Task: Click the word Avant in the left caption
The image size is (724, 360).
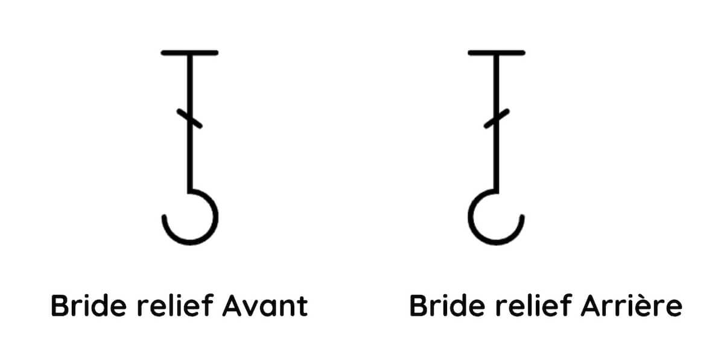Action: pyautogui.click(x=265, y=305)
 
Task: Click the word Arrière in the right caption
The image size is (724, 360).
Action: pyautogui.click(x=632, y=305)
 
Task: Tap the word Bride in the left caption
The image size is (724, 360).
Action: pyautogui.click(x=88, y=305)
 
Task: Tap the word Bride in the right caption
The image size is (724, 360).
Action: pyautogui.click(x=447, y=305)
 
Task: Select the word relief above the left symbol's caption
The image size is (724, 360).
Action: pyautogui.click(x=175, y=305)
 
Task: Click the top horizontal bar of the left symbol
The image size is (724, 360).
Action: pyautogui.click(x=189, y=53)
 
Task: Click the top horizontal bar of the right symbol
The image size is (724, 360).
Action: pyautogui.click(x=497, y=53)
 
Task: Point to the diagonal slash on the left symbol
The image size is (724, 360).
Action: pyautogui.click(x=189, y=119)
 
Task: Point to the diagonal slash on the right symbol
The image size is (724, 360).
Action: pyautogui.click(x=497, y=119)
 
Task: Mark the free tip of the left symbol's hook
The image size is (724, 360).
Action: pyautogui.click(x=164, y=217)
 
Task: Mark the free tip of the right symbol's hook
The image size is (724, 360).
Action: pyautogui.click(x=522, y=217)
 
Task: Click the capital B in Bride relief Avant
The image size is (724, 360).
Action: pyautogui.click(x=60, y=305)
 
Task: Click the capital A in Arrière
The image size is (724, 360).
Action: pyautogui.click(x=591, y=305)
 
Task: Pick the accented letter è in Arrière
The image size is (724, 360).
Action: pyautogui.click(x=650, y=305)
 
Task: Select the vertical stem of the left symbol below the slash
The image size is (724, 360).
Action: pyautogui.click(x=190, y=159)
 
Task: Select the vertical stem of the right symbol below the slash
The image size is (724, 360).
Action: pyautogui.click(x=497, y=159)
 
